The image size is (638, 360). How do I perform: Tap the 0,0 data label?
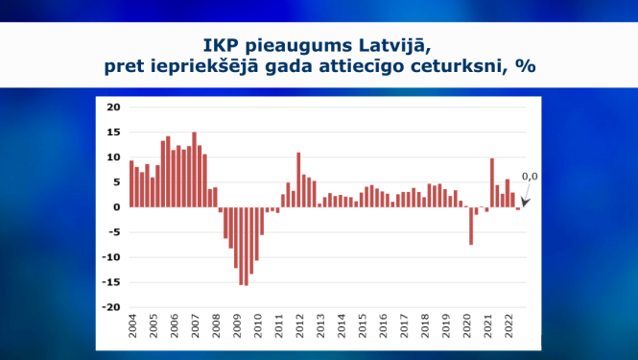pyautogui.click(x=529, y=177)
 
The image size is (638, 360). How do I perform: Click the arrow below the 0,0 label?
pyautogui.click(x=526, y=194)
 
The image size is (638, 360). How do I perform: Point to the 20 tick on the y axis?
pyautogui.click(x=113, y=107)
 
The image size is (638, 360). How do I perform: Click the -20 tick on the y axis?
pyautogui.click(x=110, y=307)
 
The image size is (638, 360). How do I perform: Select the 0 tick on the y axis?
pyautogui.click(x=116, y=206)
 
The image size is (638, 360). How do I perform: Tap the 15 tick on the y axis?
pyautogui.click(x=113, y=132)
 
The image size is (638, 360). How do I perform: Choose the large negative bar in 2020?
pyautogui.click(x=471, y=226)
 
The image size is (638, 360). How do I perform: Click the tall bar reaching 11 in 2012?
pyautogui.click(x=298, y=180)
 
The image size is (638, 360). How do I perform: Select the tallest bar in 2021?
pyautogui.click(x=491, y=182)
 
